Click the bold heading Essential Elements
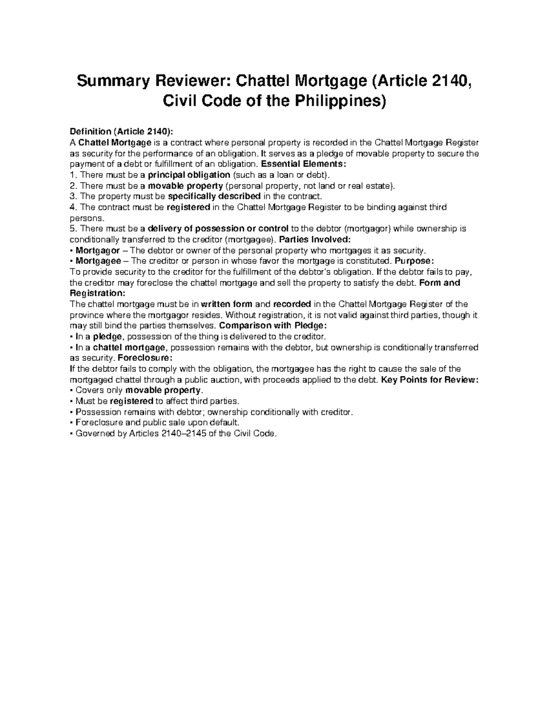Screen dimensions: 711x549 [x=300, y=164]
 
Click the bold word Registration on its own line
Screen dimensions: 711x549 [x=96, y=293]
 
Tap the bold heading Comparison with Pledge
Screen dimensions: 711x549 [x=274, y=326]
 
